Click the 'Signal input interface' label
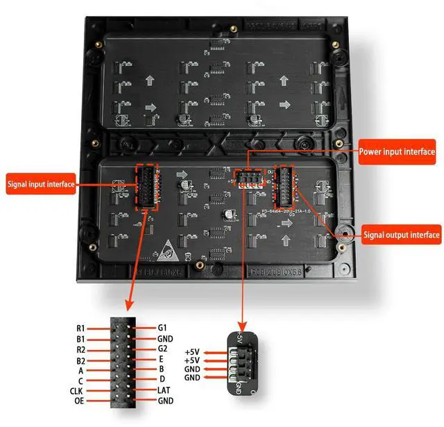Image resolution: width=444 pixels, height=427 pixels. click(x=40, y=185)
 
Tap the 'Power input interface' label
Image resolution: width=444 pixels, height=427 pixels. click(x=397, y=151)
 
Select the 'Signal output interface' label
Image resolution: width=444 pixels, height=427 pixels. click(x=402, y=235)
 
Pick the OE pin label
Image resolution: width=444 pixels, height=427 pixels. click(x=80, y=401)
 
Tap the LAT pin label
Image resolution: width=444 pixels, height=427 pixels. click(x=165, y=390)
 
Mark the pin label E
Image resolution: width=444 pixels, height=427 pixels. click(x=160, y=359)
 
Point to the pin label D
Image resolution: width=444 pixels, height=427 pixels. click(x=161, y=380)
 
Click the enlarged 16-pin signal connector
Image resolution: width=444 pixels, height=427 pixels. click(x=123, y=365)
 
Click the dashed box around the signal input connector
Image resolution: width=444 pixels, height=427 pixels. click(x=147, y=187)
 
